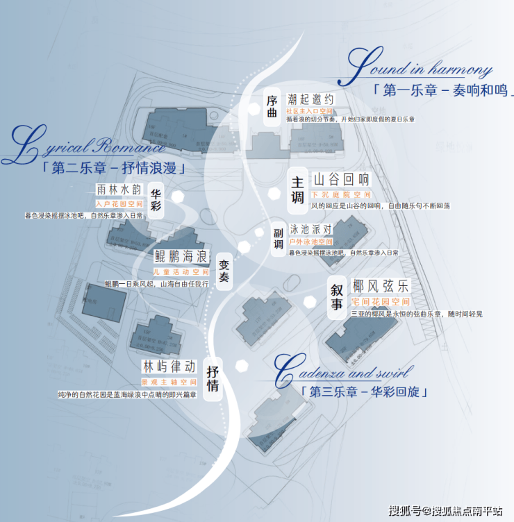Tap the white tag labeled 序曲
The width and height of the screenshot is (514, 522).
tap(272, 106)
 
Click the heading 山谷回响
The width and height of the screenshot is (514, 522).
tap(342, 179)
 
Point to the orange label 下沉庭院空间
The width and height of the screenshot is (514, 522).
tap(340, 195)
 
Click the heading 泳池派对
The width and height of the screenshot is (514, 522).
tap(311, 228)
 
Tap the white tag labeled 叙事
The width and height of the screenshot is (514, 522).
tap(337, 297)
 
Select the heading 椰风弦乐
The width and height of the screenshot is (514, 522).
tap(381, 286)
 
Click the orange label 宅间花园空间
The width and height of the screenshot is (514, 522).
tap(380, 302)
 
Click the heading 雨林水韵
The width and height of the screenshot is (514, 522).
tap(119, 190)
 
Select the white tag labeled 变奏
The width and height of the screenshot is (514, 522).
tap(224, 271)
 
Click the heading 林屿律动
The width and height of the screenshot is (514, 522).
tap(169, 367)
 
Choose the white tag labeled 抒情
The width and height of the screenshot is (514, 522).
tap(213, 378)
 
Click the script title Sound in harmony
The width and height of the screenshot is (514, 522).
tap(420, 67)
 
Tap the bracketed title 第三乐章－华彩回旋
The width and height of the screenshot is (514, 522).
tap(364, 392)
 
